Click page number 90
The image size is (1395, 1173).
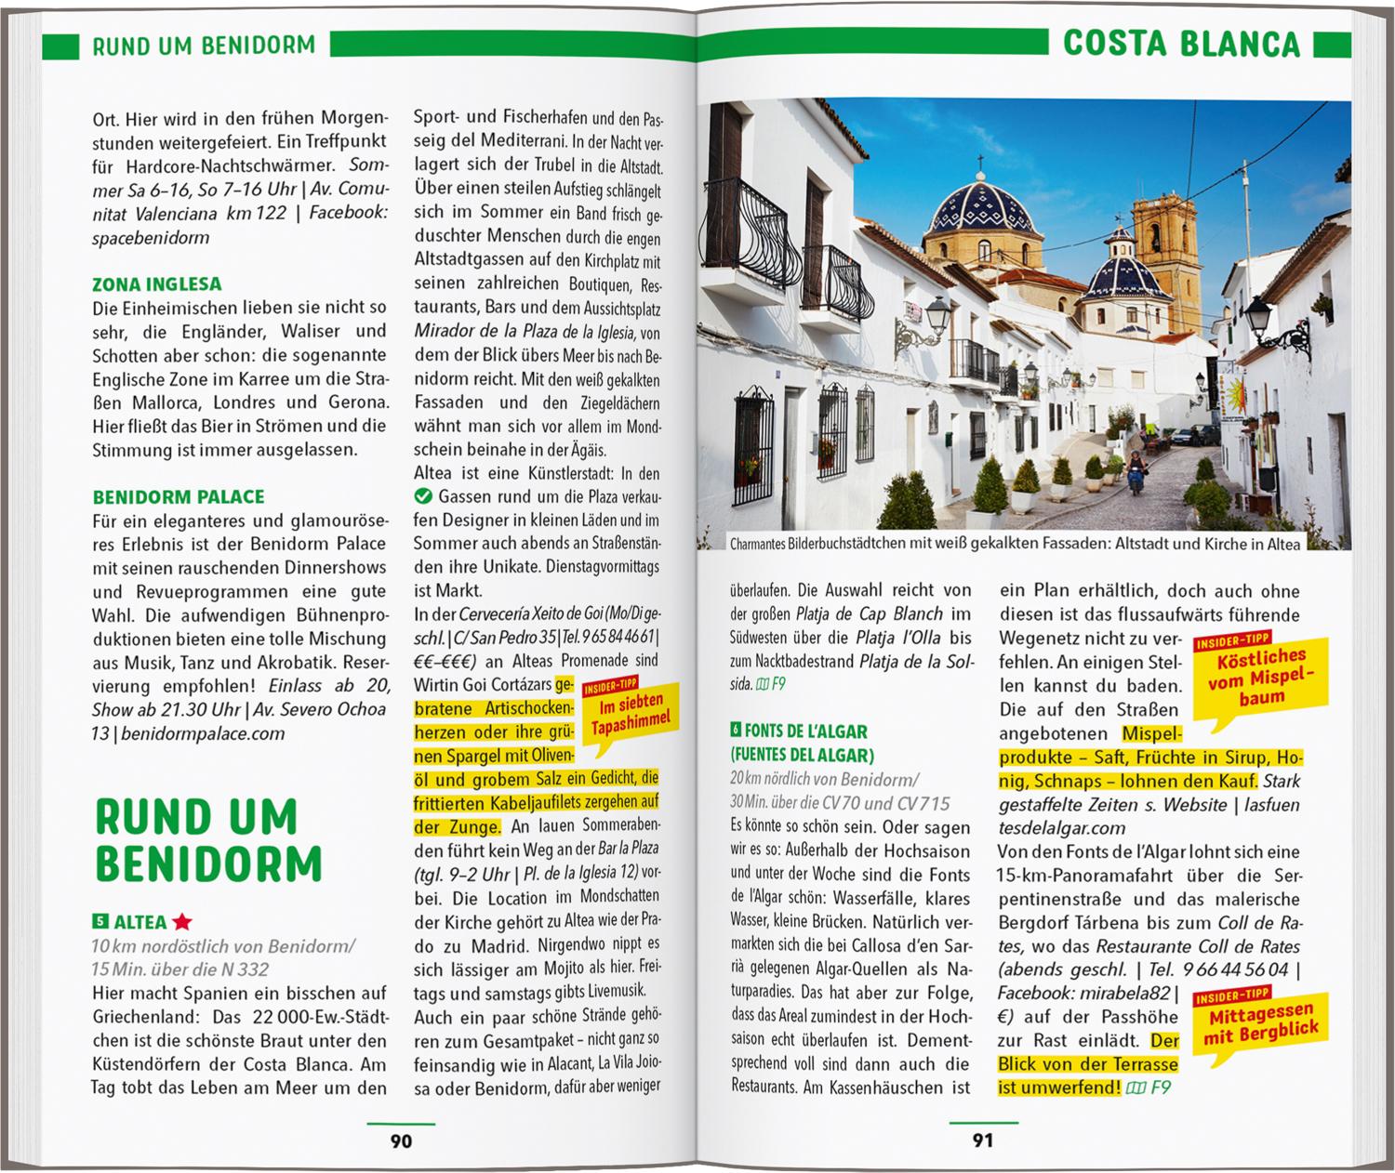[x=400, y=1140]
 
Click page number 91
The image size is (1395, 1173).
[x=982, y=1140]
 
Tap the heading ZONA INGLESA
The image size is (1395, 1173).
[x=157, y=284]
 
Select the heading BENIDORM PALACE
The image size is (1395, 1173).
[x=179, y=497]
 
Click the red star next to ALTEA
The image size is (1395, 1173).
[x=182, y=922]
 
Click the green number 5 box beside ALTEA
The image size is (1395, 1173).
[x=100, y=922]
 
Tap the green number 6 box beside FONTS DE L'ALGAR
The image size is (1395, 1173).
[x=737, y=731]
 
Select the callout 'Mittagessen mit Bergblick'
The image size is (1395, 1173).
[x=1260, y=1023]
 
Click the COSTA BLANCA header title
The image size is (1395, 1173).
[x=1181, y=44]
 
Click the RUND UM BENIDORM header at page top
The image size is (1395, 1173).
[x=204, y=46]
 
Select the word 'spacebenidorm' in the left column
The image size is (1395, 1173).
[x=151, y=237]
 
